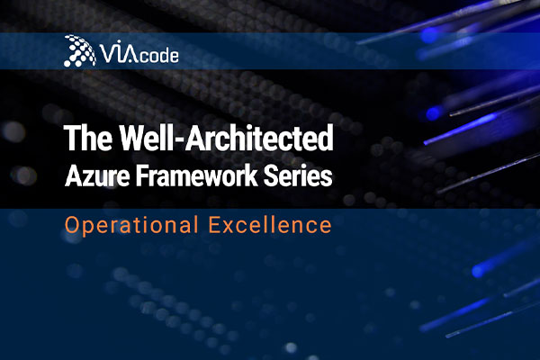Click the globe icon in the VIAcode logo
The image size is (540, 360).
point(79,50)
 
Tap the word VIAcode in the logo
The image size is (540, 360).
point(139,52)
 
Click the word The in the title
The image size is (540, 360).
point(88,138)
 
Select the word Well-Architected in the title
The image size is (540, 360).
point(226,138)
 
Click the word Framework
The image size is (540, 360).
point(196,176)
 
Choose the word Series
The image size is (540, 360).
point(298,176)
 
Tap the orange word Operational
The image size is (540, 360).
point(131,226)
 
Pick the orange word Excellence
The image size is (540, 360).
point(270,225)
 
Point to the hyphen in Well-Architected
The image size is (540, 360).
point(181,140)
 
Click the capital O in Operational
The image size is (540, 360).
point(72,225)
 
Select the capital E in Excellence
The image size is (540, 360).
point(214,225)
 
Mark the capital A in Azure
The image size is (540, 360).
point(72,176)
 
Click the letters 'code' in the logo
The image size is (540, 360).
point(159,56)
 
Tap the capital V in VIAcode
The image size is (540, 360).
point(107,53)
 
